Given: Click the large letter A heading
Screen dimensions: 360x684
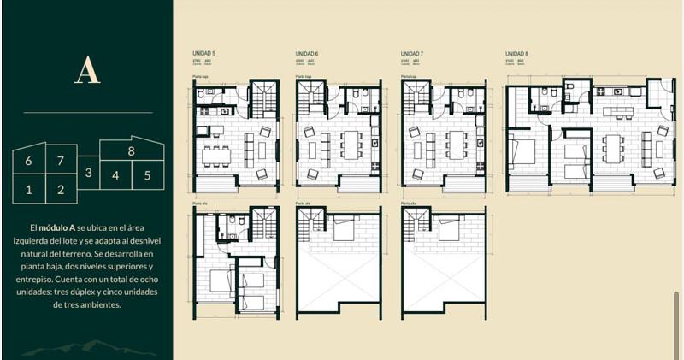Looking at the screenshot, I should coord(87,70).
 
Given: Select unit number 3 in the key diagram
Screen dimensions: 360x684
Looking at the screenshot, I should coord(88,174).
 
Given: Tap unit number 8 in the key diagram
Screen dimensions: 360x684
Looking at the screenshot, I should coord(131,150).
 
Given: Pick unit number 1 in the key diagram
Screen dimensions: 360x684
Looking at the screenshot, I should coord(28,190).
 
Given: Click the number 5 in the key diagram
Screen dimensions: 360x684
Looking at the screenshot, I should coord(147,176).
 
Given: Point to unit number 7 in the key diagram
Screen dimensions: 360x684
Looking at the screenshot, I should coord(60,160).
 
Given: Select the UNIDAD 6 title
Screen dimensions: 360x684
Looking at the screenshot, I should coord(307,54).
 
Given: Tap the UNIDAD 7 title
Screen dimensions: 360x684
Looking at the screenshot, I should coord(412,54).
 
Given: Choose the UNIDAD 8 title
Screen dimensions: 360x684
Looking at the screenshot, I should coord(517,54).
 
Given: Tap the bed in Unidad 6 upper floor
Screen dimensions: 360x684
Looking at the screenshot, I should coord(345,231).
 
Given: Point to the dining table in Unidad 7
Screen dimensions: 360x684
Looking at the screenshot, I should coord(446,145).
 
